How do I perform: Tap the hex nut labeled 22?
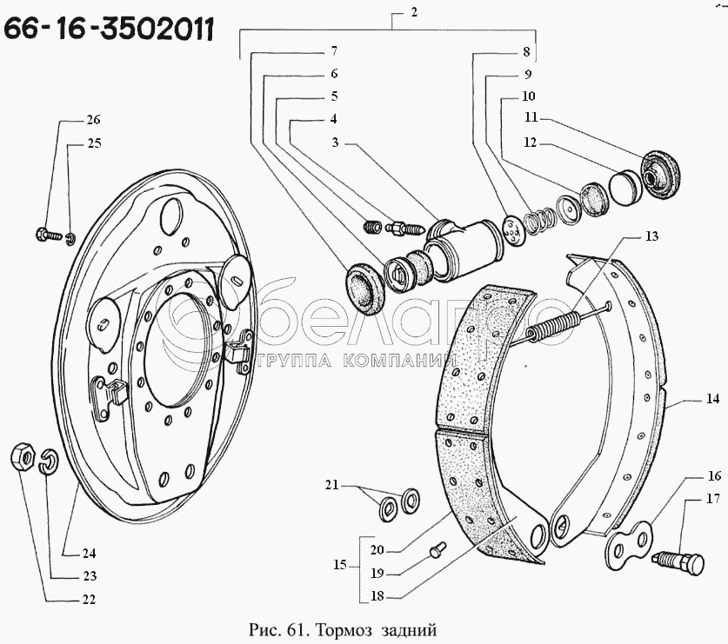[x=22, y=457]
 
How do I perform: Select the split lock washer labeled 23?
[x=49, y=461]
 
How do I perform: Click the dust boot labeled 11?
[x=661, y=176]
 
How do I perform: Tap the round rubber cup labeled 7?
[x=364, y=289]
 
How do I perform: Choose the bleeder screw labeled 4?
[x=404, y=229]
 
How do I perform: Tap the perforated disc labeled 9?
[x=513, y=229]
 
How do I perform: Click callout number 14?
[x=712, y=399]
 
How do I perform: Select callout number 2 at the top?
[x=414, y=11]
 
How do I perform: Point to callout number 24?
[x=89, y=553]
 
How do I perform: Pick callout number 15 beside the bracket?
[x=340, y=565]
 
